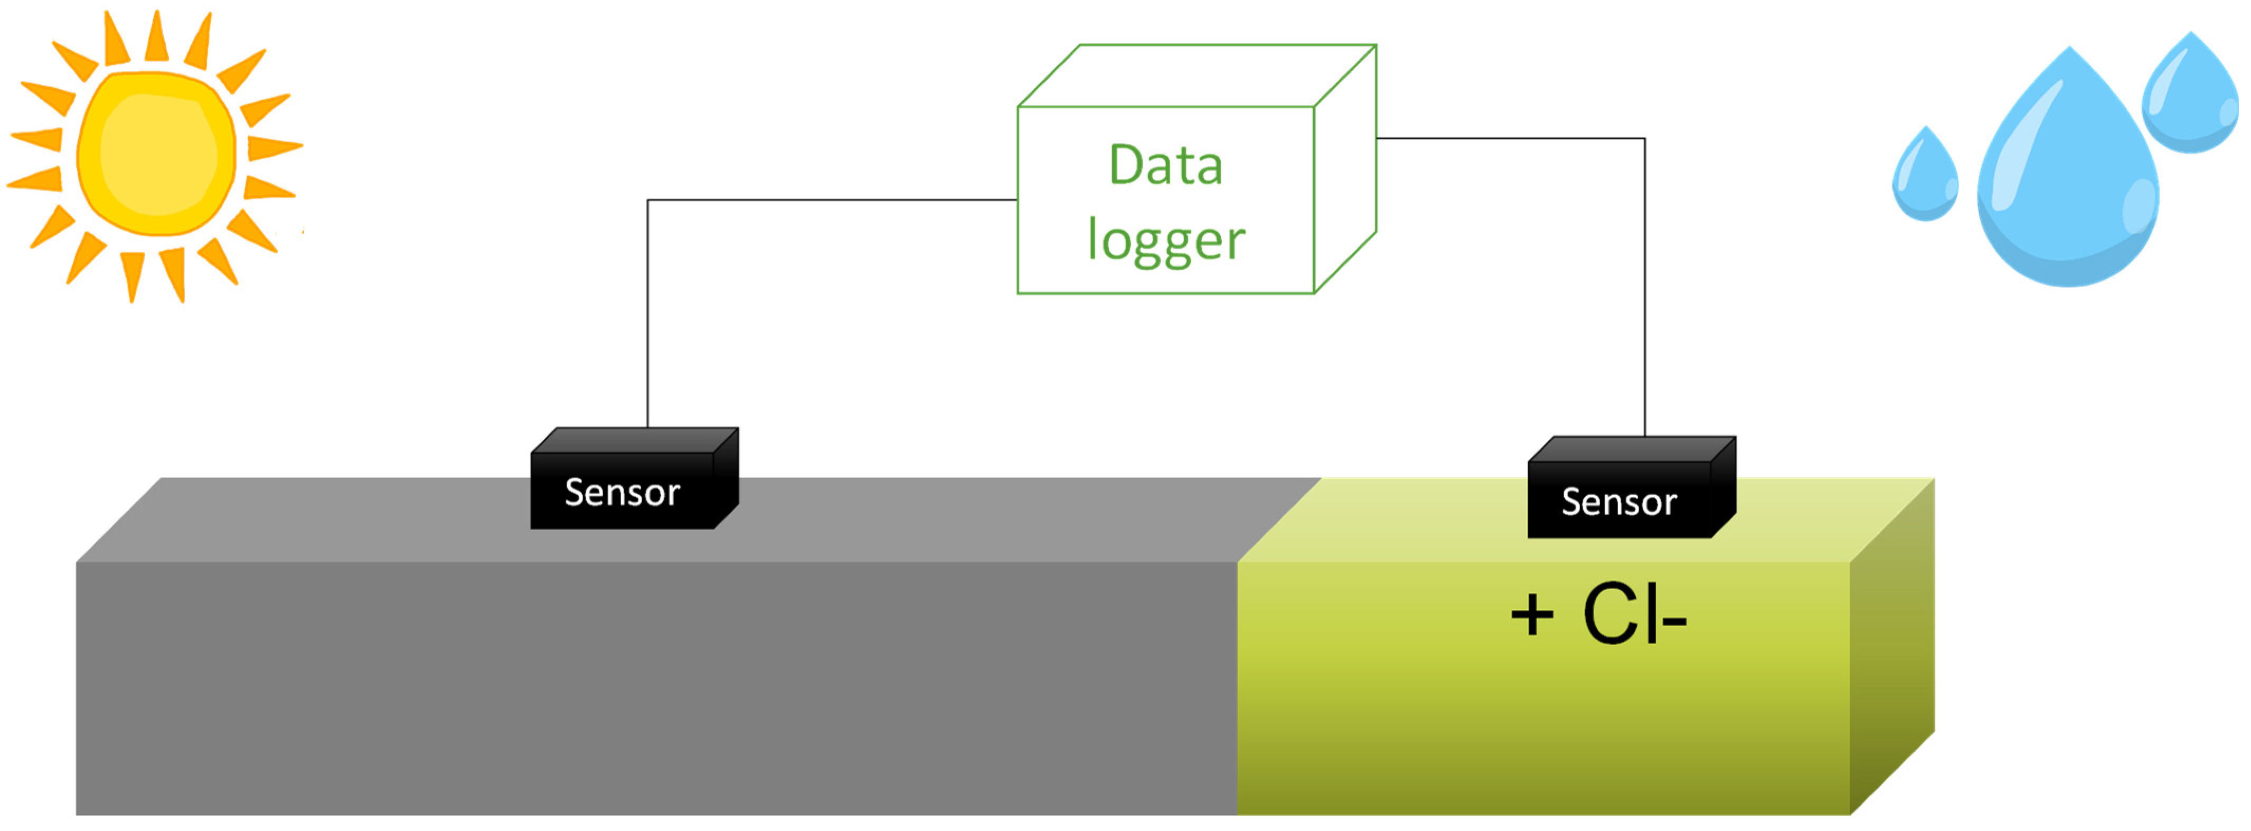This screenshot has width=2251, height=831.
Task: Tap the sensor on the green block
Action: pos(1619,501)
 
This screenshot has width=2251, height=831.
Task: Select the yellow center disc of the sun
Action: pos(157,154)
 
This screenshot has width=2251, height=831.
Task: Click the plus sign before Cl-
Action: pos(1532,616)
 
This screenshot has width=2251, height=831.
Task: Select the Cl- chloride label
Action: pos(1634,616)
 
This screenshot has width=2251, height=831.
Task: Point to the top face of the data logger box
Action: pos(1197,76)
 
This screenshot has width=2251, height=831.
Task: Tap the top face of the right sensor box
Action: pos(1632,449)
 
